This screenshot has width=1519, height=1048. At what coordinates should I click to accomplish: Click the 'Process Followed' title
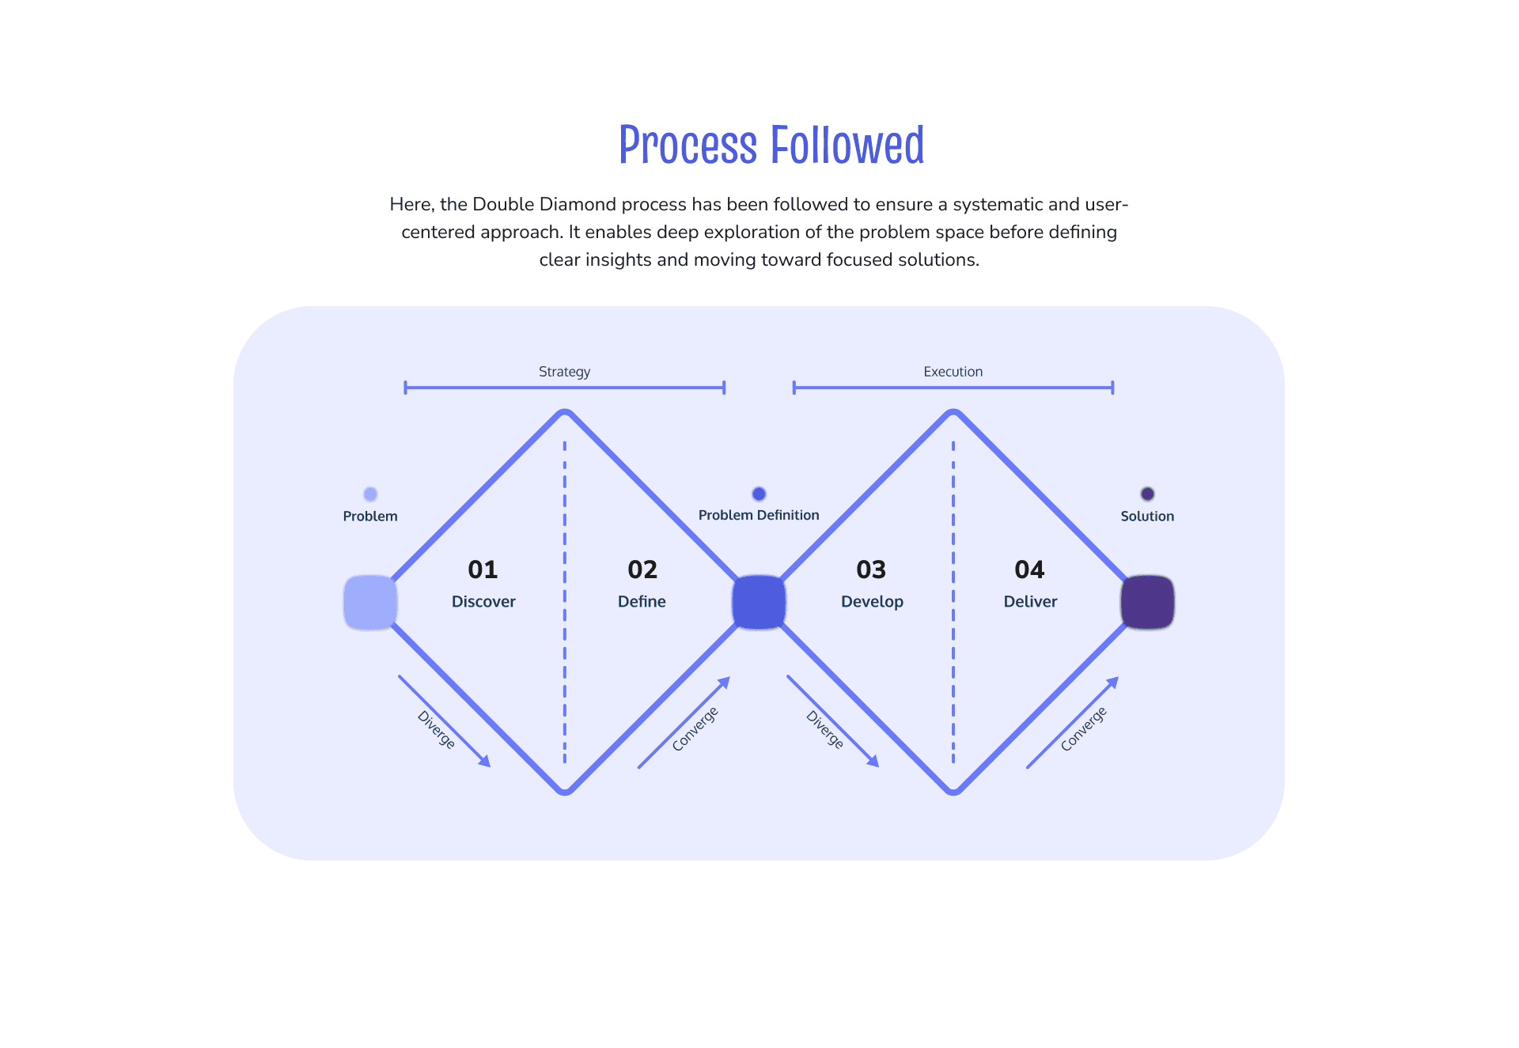coord(771,146)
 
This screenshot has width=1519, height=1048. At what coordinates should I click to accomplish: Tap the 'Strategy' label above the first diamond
coord(564,372)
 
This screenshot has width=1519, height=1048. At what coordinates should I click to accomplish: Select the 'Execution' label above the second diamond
coord(953,372)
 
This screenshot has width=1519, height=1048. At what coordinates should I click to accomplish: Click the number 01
coord(483,569)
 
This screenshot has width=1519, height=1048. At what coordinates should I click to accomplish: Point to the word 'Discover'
coord(483,602)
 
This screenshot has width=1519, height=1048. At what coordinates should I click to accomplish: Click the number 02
coord(642,569)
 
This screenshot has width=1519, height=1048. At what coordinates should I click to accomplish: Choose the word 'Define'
coord(642,602)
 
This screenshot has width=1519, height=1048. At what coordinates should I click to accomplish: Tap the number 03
coord(871,569)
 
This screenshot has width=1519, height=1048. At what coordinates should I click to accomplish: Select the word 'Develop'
coord(872,602)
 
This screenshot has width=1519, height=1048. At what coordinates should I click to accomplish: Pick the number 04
coord(1029,569)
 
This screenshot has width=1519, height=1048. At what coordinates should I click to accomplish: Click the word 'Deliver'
coord(1030,602)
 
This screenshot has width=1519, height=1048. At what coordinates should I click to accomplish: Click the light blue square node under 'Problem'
coord(370,603)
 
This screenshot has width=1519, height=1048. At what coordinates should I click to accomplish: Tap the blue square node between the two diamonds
coord(759,603)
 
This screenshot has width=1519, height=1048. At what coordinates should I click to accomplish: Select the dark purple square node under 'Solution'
coord(1147,603)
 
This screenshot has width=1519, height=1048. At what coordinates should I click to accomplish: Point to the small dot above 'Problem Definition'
coord(759,494)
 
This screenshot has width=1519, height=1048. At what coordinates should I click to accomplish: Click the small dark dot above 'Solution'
coord(1147,494)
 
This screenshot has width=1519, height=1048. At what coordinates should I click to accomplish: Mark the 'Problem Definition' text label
coord(759,516)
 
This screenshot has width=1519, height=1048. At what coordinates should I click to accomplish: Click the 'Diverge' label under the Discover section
coord(436,729)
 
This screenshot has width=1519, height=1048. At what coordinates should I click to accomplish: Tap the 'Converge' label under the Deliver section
coord(1083,728)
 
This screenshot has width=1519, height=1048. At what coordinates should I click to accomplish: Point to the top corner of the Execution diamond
coord(953,413)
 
